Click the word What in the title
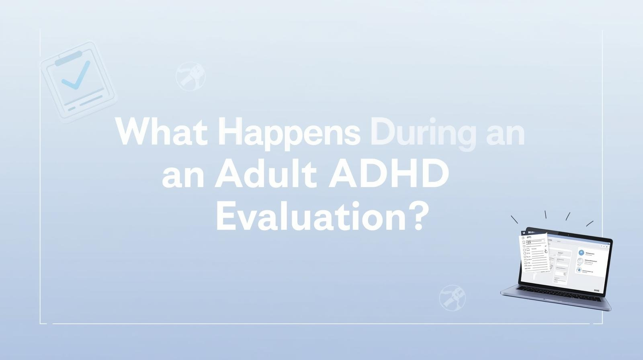(161, 132)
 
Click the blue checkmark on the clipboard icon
(76, 75)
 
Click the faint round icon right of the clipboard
(190, 76)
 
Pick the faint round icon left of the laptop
(452, 298)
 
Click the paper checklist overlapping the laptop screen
(534, 253)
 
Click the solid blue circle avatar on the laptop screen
(581, 252)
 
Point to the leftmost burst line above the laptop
(514, 219)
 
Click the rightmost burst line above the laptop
(590, 223)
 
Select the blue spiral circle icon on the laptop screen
(579, 270)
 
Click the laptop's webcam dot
(568, 234)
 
